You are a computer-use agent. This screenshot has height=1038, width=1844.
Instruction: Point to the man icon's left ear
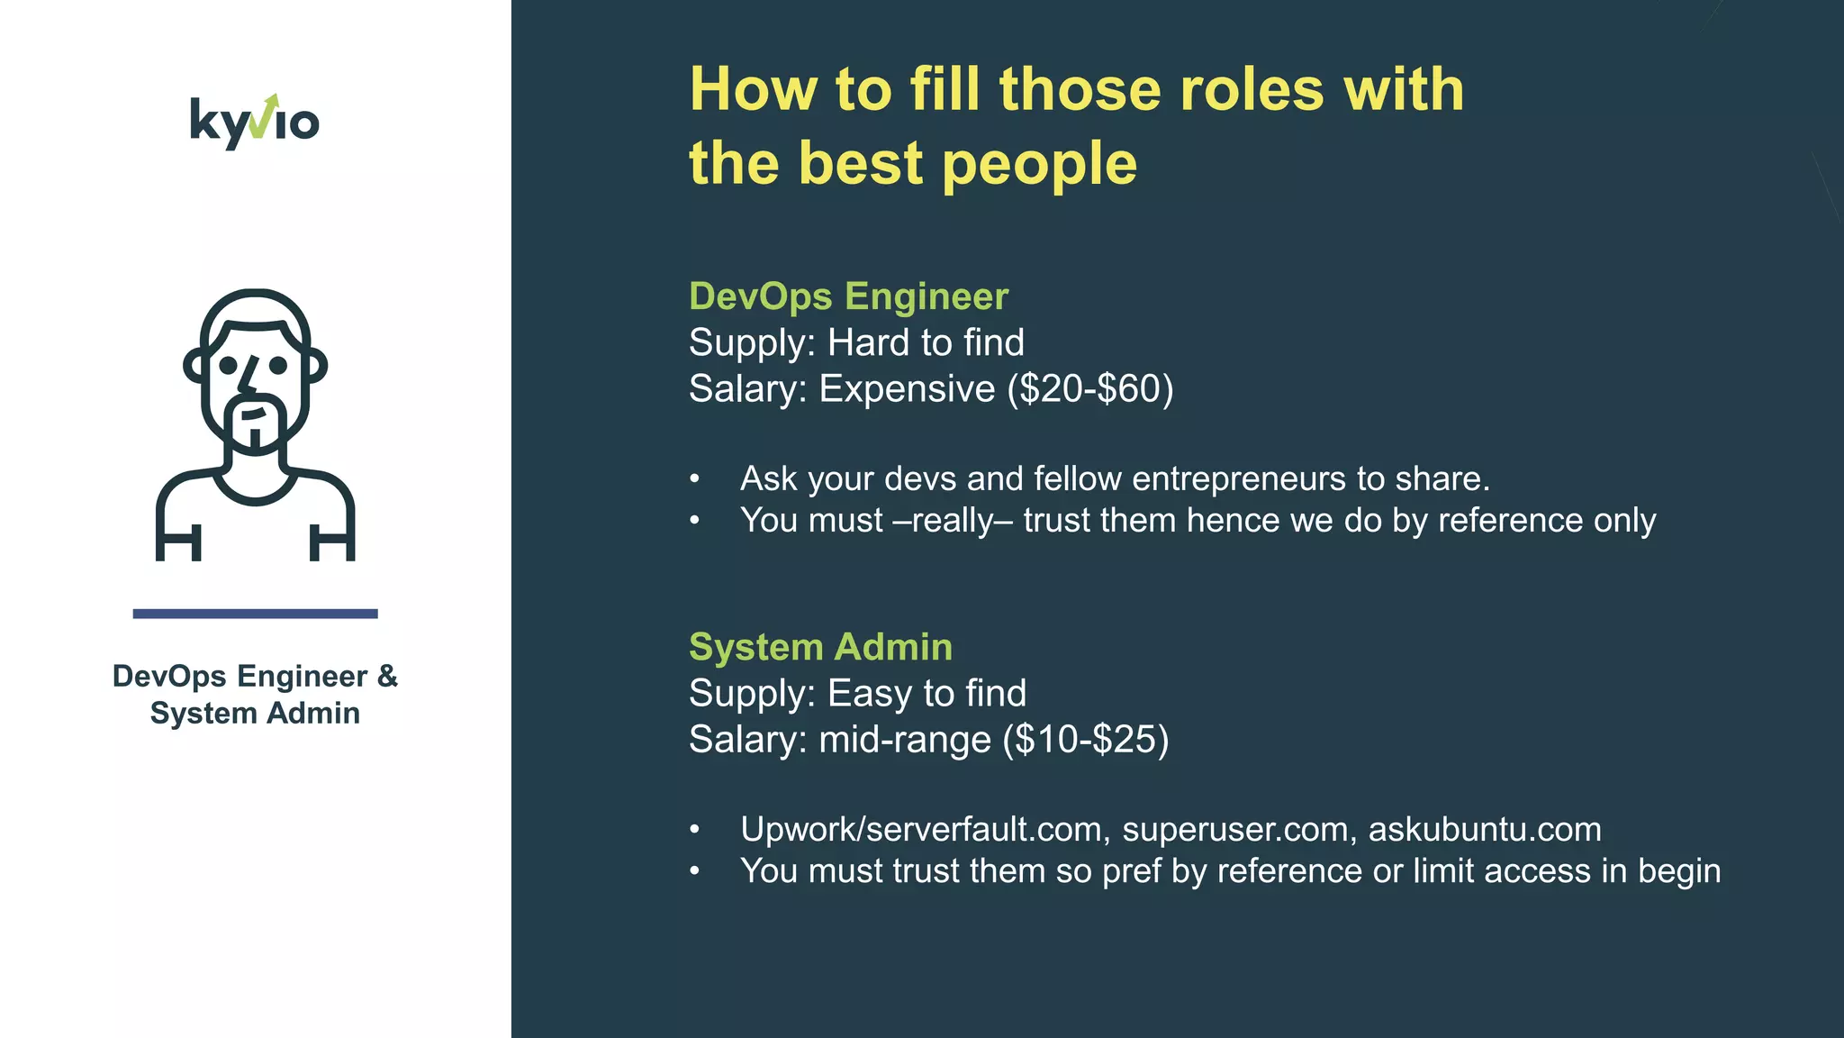tap(195, 365)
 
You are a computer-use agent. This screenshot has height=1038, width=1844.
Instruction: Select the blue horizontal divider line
tap(255, 614)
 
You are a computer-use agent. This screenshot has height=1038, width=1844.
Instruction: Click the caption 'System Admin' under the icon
tap(255, 713)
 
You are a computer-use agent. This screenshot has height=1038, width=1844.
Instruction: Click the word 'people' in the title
tap(1039, 164)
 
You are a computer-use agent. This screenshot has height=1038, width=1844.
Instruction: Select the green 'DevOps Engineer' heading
tap(848, 296)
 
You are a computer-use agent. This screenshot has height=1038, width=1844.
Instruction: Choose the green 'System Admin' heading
tap(820, 646)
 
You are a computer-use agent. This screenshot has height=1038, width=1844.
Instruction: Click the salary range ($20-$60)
tap(1089, 388)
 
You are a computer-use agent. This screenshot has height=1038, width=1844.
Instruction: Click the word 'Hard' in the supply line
tap(867, 342)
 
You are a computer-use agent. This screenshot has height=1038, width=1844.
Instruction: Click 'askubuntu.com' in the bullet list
tap(1484, 829)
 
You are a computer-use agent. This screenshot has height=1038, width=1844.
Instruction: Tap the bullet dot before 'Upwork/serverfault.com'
tap(694, 829)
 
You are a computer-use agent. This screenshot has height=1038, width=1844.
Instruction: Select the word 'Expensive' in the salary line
tap(907, 388)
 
